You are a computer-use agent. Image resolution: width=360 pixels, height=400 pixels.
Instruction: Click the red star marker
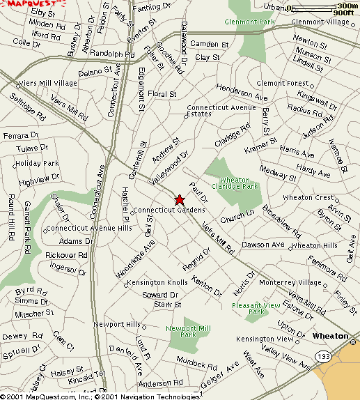pyautogui.click(x=179, y=199)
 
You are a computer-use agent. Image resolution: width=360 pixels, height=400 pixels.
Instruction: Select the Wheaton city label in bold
pyautogui.click(x=330, y=336)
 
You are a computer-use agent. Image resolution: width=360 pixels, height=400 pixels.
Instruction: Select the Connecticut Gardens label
pyautogui.click(x=169, y=210)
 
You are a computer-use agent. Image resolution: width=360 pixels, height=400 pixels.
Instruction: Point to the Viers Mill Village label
pyautogui.click(x=47, y=84)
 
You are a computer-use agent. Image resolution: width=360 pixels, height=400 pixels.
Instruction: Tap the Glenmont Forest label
pyautogui.click(x=282, y=83)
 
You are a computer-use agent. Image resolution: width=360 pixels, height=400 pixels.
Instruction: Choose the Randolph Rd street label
pyautogui.click(x=112, y=54)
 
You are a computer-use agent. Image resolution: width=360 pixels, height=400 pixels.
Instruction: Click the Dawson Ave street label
pyautogui.click(x=263, y=245)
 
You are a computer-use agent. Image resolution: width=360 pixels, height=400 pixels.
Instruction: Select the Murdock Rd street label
pyautogui.click(x=192, y=362)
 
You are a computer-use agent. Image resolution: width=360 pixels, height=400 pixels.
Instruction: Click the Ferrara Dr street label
pyautogui.click(x=19, y=135)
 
